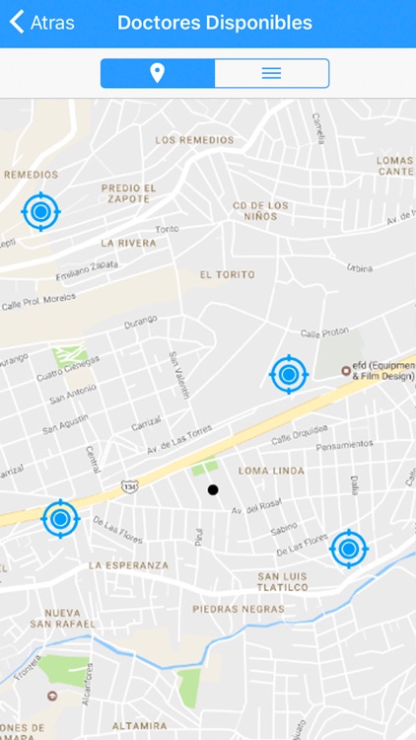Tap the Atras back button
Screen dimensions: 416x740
[x=41, y=23]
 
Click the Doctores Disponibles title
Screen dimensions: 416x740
[x=214, y=23]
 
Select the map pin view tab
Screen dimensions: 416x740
[x=158, y=73]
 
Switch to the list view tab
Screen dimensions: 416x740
[x=271, y=73]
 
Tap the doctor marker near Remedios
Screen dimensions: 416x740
[x=40, y=210]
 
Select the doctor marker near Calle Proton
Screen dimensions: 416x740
[x=289, y=374]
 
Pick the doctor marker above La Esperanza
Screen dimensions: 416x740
[x=60, y=518]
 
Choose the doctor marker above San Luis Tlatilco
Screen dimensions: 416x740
[x=348, y=549]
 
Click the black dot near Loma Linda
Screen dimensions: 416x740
[x=212, y=489]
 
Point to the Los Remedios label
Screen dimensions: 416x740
[x=195, y=140]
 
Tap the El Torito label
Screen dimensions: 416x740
[x=227, y=274]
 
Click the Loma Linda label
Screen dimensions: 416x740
[x=271, y=472]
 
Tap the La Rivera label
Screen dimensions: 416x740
[x=128, y=242]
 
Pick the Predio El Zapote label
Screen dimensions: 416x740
[x=128, y=192]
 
